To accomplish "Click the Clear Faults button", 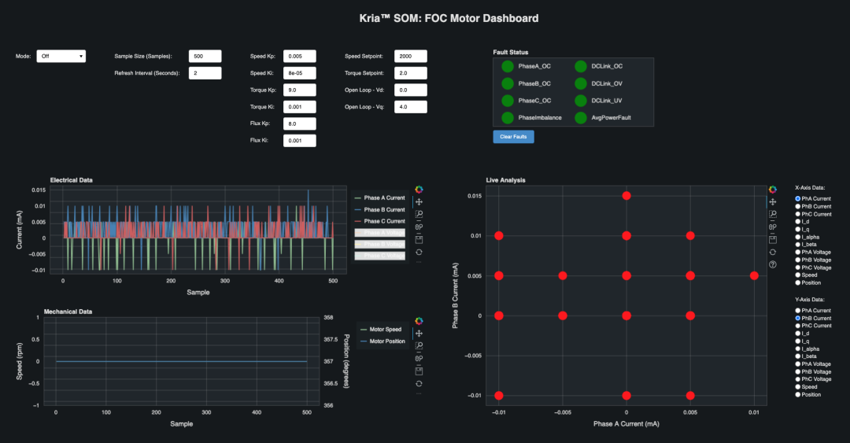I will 513,137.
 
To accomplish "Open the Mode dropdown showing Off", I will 61,57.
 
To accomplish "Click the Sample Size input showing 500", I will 205,57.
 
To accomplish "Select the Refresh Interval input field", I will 205,73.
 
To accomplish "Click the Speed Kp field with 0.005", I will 299,57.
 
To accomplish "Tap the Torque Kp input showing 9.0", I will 299,90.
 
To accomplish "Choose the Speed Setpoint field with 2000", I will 410,57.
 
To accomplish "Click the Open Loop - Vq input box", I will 410,107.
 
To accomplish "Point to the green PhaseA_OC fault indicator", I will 508,66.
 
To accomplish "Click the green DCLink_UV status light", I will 581,101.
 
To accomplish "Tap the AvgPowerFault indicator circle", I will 581,118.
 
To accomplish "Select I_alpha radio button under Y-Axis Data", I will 797,349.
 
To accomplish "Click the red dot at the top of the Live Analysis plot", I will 626,195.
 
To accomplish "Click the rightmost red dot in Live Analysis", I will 754,275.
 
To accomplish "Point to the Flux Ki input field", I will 299,141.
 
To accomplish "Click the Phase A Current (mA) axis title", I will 626,424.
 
